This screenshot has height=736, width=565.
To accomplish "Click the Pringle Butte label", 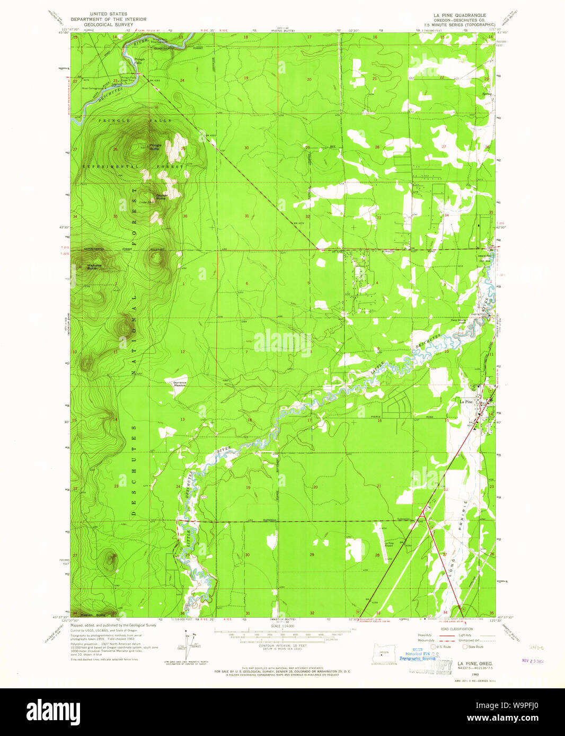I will [155, 147].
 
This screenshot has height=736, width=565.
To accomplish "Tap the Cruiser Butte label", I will [161, 196].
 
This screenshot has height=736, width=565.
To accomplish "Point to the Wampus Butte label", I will [94, 266].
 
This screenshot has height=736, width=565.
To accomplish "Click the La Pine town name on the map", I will [466, 402].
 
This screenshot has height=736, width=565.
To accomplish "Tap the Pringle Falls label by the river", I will [139, 60].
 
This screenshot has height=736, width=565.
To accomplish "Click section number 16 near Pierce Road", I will [379, 421].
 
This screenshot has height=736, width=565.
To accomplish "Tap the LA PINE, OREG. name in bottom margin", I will [475, 663].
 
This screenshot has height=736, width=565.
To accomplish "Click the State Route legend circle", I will [465, 647].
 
